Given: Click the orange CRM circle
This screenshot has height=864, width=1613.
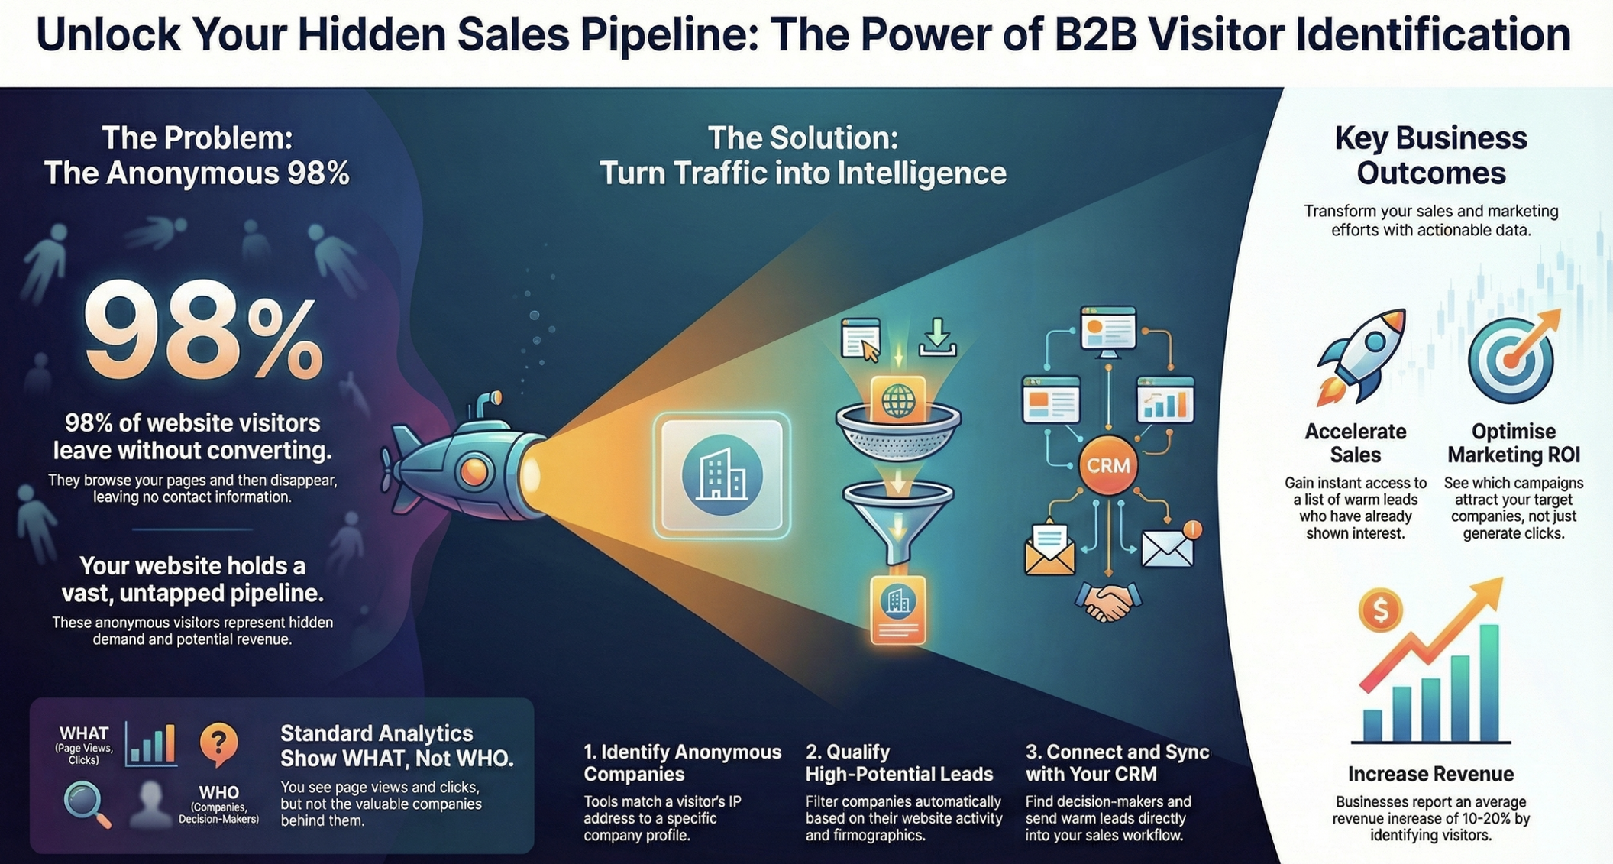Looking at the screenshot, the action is click(1107, 465).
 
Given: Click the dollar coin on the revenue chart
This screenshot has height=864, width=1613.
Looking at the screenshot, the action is click(1380, 610).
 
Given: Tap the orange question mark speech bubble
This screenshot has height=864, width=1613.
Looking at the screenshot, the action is click(218, 743).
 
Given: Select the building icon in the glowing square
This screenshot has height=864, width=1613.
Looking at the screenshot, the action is click(722, 475).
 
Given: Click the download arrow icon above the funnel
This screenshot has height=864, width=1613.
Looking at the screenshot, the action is click(937, 337).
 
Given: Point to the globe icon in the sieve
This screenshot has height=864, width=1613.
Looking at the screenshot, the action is click(898, 400).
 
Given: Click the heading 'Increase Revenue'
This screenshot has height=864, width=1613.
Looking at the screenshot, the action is click(1430, 774).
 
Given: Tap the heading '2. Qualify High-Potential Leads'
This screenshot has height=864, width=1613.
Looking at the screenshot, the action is click(899, 762).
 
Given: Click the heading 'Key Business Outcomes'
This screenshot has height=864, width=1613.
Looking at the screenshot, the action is click(1430, 155).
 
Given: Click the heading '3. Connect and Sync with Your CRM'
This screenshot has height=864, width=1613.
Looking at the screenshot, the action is click(1117, 762).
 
